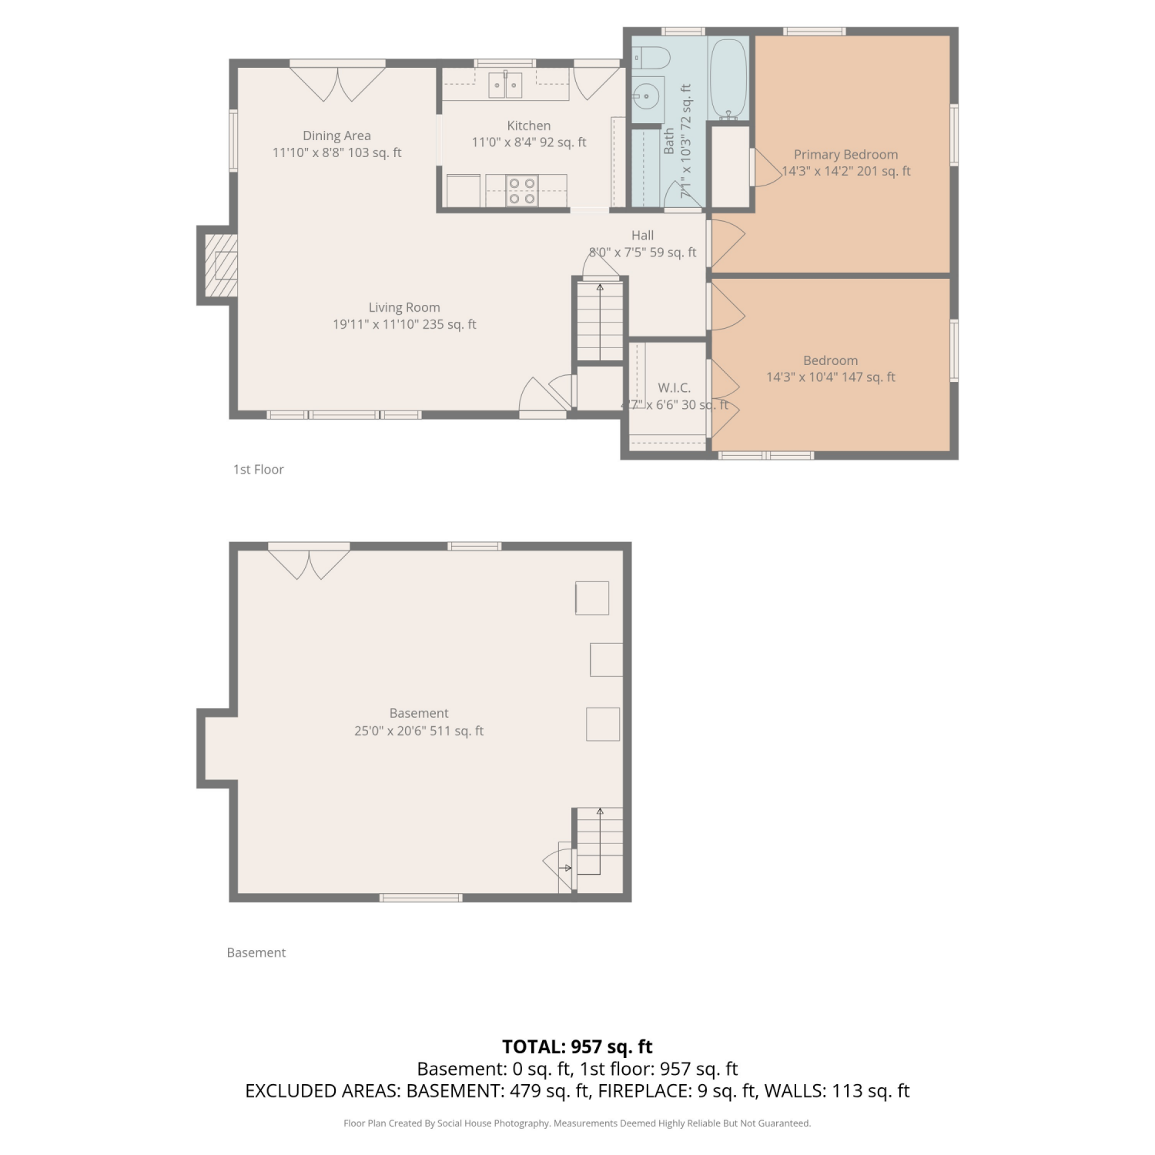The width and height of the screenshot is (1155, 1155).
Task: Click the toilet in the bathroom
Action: click(651, 57)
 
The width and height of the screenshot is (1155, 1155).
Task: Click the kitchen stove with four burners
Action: click(522, 191)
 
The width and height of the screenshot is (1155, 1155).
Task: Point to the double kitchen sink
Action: click(505, 85)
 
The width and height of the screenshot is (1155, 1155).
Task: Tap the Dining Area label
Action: click(336, 136)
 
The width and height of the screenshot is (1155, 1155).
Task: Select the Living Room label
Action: click(404, 307)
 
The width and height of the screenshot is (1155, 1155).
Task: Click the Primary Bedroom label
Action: click(845, 154)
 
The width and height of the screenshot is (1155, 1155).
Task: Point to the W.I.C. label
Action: click(674, 387)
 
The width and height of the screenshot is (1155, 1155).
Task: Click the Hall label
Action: click(642, 236)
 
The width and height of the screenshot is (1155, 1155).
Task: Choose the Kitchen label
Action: click(529, 126)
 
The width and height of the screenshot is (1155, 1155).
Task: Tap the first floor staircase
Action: click(600, 320)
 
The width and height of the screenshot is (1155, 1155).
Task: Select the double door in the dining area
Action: click(337, 84)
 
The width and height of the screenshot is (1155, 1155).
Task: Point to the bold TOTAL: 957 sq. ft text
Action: click(577, 1046)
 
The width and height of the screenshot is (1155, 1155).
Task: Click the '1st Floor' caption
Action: click(259, 469)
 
